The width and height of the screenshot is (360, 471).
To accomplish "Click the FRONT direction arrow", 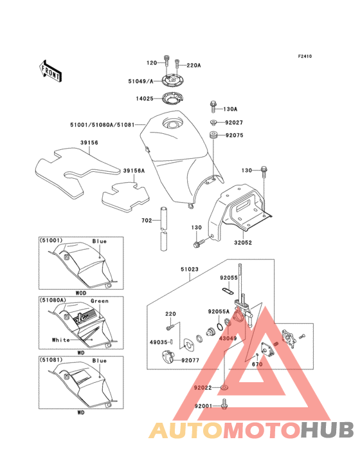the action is point(50,71).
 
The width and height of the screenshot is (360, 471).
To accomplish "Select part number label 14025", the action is point(145,98).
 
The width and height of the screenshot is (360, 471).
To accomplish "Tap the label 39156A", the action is point(134,171).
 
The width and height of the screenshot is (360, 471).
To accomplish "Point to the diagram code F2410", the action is point(305,56).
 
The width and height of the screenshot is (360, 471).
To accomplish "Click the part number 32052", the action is point(243,243).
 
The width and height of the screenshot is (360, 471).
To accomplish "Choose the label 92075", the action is point(234,135).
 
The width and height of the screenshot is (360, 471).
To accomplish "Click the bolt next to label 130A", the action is point(213,107).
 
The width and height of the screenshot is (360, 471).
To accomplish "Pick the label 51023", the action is point(189,269).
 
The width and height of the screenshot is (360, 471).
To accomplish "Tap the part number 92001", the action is point(203,406).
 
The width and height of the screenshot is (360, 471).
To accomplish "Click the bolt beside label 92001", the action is point(224,403).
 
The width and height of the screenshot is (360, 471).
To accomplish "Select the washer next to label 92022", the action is point(224,387).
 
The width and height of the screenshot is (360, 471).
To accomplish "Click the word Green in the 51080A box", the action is point(99,301).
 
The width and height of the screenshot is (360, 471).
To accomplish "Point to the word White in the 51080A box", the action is point(61,340).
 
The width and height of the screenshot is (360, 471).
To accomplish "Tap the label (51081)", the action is point(51,360).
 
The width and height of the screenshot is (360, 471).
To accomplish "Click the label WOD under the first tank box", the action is point(81,293).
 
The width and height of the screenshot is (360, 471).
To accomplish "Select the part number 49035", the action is point(158,342).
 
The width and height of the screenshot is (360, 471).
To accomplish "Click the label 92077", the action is point(190,360).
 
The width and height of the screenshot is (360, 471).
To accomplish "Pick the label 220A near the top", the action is point(194,65).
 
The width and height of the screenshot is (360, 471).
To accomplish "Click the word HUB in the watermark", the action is point(328,430).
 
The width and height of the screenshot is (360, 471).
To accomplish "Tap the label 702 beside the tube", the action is point(147,221).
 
